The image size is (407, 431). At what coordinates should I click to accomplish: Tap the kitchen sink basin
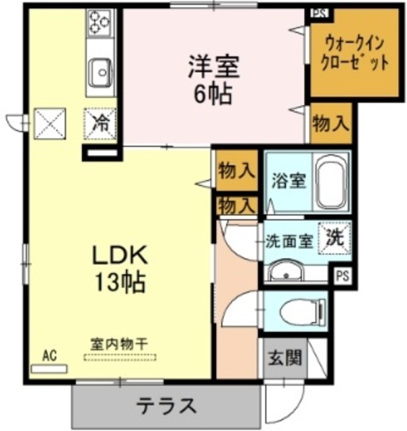[x=101, y=73]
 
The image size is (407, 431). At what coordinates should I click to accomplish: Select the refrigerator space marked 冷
[x=100, y=124]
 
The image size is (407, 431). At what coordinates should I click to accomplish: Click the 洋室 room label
[x=214, y=66]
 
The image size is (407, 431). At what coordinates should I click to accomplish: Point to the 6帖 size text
[x=213, y=94]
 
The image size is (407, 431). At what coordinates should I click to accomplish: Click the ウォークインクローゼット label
[x=355, y=54]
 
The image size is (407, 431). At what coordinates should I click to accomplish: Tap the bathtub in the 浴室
[x=331, y=182]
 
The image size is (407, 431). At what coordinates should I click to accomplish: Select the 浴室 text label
[x=289, y=180]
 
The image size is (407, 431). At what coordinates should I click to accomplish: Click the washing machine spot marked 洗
[x=335, y=238]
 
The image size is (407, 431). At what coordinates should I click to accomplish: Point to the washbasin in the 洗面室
[x=286, y=271]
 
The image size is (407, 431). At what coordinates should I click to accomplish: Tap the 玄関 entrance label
[x=285, y=358]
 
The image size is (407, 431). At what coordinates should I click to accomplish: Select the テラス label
[x=166, y=405]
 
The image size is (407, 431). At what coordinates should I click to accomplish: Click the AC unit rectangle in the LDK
[x=49, y=368]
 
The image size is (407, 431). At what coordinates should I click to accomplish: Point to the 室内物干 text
[x=120, y=344]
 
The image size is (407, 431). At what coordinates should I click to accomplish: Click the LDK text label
[x=120, y=255]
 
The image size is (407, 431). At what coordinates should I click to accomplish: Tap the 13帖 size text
[x=120, y=281]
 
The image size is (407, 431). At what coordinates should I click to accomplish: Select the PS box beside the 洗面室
[x=342, y=275]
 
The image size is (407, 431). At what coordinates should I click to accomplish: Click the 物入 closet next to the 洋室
[x=332, y=123]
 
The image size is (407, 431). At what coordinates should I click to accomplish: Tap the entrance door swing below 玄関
[x=286, y=405]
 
